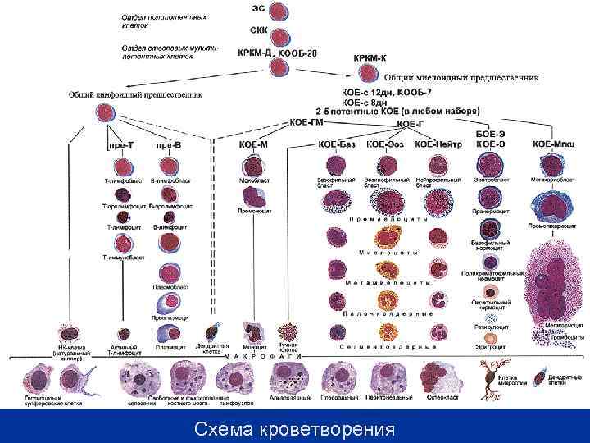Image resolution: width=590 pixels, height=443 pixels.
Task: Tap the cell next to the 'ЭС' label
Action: click(281, 12)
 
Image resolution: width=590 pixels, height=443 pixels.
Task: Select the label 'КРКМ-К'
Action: click(370, 58)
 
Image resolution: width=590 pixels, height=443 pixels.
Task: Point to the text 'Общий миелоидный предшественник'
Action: click(461, 78)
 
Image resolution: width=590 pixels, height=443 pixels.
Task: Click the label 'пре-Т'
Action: click(121, 145)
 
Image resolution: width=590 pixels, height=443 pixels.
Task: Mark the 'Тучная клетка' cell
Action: click(290, 331)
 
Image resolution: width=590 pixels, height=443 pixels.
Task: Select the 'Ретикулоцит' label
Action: click(492, 326)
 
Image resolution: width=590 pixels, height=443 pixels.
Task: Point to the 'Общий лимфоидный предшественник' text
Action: click(135, 94)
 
